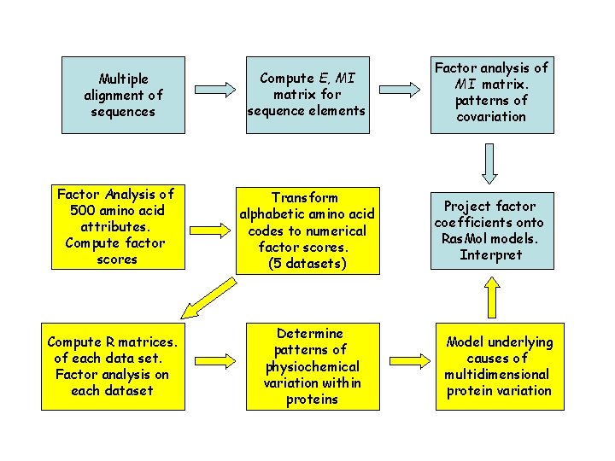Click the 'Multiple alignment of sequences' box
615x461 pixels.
[123, 95]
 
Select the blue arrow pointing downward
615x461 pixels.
[490, 164]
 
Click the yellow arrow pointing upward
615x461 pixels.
[490, 299]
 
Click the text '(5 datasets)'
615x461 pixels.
[307, 263]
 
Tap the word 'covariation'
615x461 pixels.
[491, 116]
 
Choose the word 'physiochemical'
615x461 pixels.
[311, 366]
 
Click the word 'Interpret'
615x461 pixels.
[490, 254]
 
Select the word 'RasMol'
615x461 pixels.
[466, 238]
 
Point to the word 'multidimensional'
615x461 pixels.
[496, 374]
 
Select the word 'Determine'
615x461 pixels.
[310, 333]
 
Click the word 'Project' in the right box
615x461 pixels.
[467, 206]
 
